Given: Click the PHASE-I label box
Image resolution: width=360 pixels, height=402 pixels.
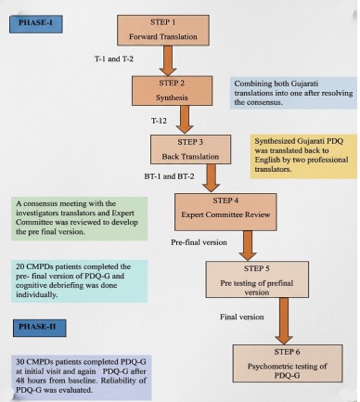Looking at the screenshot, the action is coord(36,24).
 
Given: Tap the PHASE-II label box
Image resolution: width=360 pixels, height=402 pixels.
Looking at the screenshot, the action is coord(39,328).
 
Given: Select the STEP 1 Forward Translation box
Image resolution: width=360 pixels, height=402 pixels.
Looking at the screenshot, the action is coord(163,30).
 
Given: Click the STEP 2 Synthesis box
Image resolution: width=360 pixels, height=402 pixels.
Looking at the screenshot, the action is coord(172,91).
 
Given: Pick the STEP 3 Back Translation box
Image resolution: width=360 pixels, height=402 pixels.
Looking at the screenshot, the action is coord(190,149).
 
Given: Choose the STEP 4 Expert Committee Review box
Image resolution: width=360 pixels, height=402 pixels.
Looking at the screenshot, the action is coord(225,212).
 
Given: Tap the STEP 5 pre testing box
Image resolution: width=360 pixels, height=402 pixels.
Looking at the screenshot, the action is coord(257,279).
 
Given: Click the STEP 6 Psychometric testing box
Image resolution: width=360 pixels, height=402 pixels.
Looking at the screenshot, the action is coord(288,363).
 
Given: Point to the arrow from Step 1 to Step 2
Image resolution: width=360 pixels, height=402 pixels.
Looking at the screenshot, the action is coord(168,60).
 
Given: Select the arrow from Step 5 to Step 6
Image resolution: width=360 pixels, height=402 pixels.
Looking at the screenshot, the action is coord(284,321).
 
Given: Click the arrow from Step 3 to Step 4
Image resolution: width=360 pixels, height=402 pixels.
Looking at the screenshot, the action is coord(212,177).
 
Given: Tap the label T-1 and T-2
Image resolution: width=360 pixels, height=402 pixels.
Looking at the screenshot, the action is coord(114,58).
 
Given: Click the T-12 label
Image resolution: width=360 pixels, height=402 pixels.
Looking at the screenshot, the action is coord(159,121).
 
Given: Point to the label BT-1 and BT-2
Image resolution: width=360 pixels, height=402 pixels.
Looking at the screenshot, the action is coord(170,176).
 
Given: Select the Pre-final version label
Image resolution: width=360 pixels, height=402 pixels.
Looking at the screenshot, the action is coord(199,242).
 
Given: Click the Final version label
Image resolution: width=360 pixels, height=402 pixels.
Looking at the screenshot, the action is coord(242,317).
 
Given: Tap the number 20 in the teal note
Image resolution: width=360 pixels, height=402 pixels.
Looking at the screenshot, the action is coord(20,266).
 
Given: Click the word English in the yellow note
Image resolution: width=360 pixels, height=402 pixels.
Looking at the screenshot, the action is coord(267,160).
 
